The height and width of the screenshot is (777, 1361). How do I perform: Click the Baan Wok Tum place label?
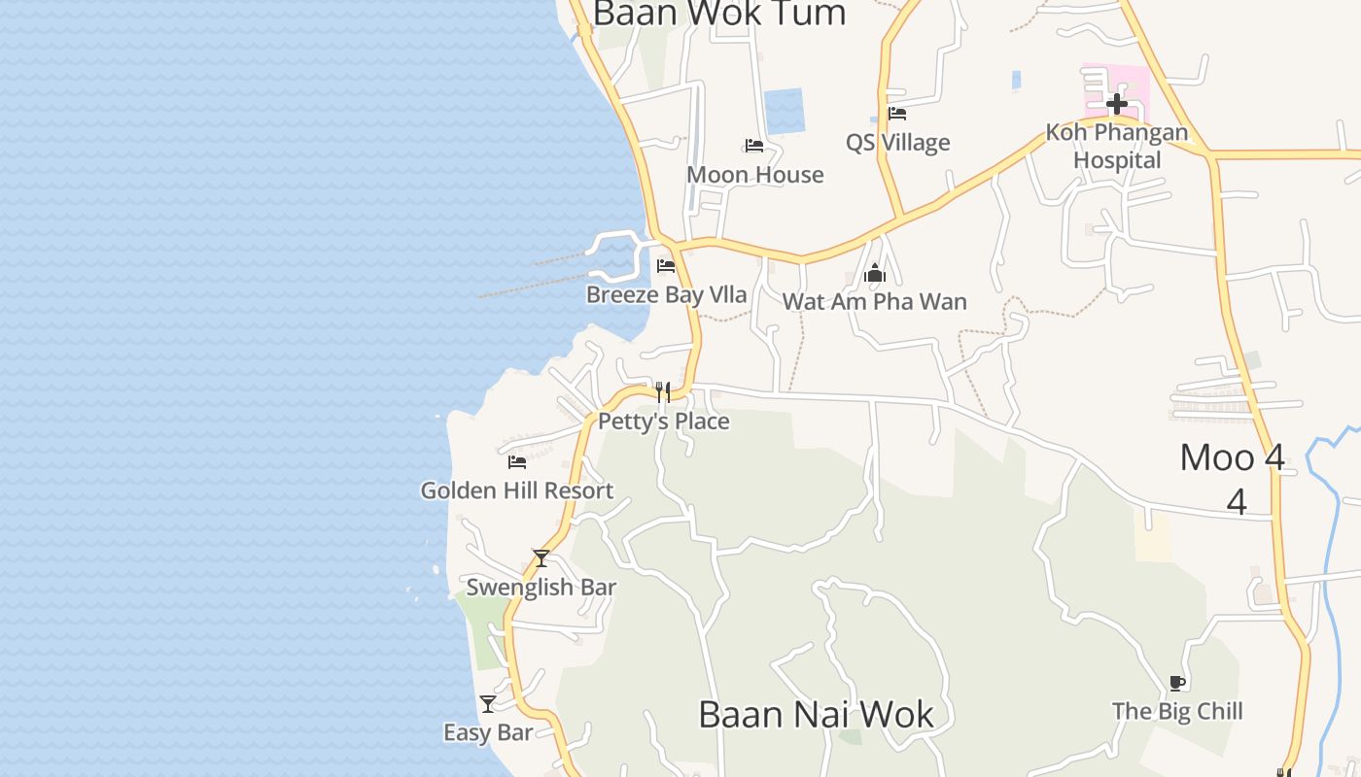click(x=718, y=14)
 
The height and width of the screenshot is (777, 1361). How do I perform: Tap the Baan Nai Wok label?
click(x=816, y=714)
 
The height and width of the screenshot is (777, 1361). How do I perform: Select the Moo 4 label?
click(x=1233, y=457)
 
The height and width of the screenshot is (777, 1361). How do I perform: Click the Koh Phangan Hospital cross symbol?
click(x=1116, y=103)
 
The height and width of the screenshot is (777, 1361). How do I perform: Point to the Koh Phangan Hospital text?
click(x=1116, y=146)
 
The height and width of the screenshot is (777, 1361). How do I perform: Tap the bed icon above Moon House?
click(x=754, y=146)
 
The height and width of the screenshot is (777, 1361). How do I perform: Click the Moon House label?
click(x=754, y=175)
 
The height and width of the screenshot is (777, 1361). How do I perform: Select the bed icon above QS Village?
click(x=897, y=114)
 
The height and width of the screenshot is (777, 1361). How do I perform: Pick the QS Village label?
click(x=897, y=143)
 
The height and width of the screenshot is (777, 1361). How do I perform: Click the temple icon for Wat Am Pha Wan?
click(x=875, y=274)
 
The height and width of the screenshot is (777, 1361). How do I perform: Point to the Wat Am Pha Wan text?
click(x=875, y=301)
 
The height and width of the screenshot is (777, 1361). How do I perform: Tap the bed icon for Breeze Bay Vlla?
click(x=666, y=265)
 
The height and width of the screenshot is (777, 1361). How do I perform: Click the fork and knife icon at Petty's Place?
click(x=663, y=391)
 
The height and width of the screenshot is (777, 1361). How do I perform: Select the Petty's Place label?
click(x=663, y=422)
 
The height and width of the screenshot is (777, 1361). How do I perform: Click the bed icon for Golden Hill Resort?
click(x=517, y=462)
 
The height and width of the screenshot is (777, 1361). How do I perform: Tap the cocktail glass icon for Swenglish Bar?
click(x=541, y=558)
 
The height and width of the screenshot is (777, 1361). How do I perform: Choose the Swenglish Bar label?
click(x=541, y=588)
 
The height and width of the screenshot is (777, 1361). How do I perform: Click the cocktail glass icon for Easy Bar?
click(x=488, y=703)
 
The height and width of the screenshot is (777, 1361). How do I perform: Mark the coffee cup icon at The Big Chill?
click(x=1177, y=683)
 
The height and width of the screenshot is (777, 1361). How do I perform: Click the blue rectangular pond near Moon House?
click(x=784, y=112)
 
